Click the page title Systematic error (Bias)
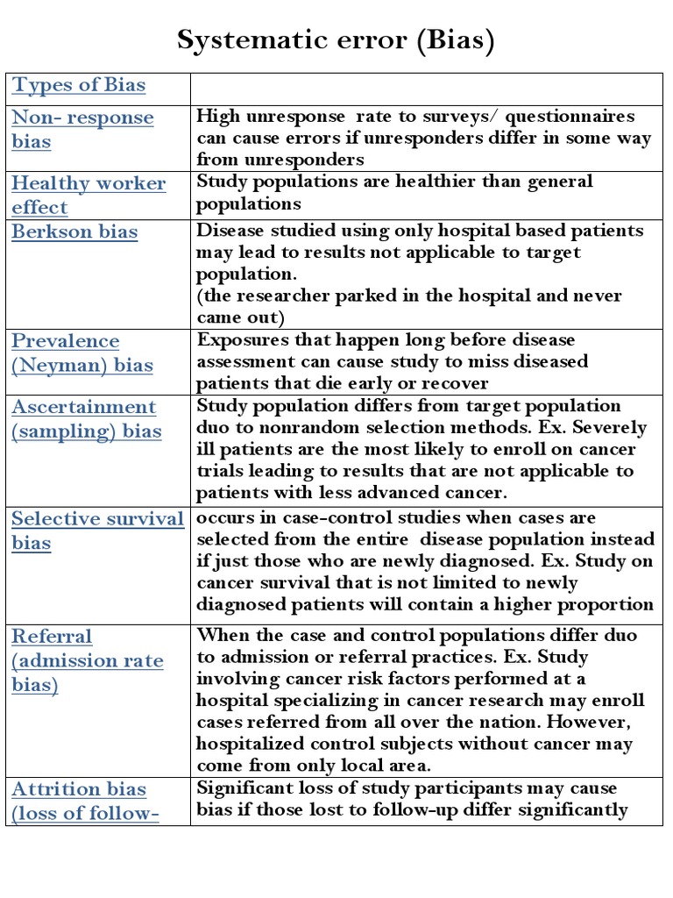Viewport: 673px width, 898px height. [x=336, y=40]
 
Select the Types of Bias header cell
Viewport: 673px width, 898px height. [x=78, y=86]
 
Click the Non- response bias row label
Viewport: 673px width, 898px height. [x=82, y=130]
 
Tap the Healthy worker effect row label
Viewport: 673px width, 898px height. [x=88, y=196]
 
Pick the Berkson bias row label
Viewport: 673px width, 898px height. [x=74, y=232]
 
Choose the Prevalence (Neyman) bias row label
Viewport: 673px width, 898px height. [x=81, y=353]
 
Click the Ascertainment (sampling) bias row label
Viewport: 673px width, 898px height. [x=86, y=419]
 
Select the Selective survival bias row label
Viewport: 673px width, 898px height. [x=96, y=531]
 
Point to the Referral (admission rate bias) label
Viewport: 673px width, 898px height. [x=87, y=660]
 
